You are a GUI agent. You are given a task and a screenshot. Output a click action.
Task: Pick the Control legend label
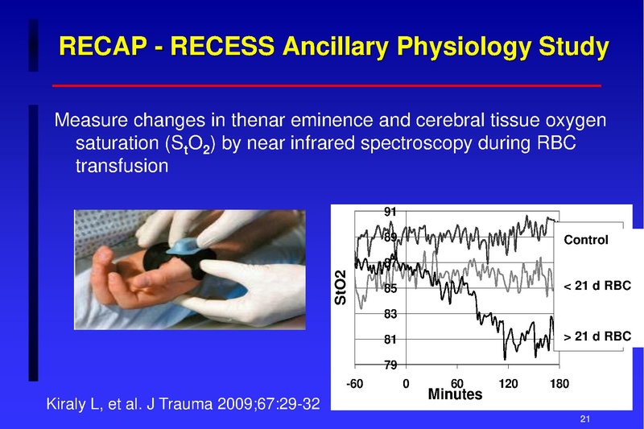point(586,240)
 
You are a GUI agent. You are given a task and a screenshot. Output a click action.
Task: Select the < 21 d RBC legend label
point(597,287)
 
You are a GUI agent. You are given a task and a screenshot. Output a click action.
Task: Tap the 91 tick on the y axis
point(390,212)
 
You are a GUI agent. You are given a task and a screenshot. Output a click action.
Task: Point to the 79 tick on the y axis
point(390,365)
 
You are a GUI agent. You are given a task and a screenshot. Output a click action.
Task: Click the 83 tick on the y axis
point(390,313)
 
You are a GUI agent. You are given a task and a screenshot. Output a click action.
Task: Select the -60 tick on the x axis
point(354,384)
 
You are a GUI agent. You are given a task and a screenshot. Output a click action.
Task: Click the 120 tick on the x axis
point(508,384)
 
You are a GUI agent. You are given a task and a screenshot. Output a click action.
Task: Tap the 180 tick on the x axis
point(559,384)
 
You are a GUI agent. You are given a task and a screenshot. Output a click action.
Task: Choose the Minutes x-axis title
point(455,394)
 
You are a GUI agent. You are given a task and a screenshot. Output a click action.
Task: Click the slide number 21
point(585,419)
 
